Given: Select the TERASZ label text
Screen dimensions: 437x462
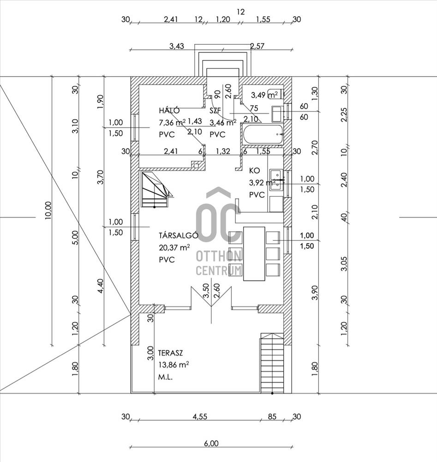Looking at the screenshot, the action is pos(170,353).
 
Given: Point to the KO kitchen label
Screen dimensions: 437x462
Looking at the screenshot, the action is pos(255,170).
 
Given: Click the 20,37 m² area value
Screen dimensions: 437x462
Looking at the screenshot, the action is pos(174,248).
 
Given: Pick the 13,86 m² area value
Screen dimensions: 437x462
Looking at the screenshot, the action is pos(174,365).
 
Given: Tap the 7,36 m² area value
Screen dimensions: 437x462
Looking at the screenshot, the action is pos(172,122).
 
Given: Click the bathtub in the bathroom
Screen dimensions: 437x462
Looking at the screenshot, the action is pos(263,135).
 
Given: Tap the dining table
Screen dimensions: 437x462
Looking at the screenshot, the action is pos(254,253).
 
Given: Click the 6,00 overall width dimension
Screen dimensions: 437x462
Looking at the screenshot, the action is pos(211,443).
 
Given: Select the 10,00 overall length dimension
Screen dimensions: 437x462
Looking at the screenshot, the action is pos(48,210).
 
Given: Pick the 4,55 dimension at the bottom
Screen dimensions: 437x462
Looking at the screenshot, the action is pos(200,416).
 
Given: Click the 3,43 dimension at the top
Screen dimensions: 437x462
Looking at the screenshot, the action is pos(177,46).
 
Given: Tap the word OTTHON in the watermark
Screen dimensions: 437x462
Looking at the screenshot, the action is pos(219,256).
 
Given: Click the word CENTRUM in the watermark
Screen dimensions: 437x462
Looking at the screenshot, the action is pos(219,270).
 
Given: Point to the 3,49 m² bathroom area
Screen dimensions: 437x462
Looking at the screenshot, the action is pos(264,95).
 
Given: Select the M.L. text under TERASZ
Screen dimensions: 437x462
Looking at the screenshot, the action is pos(165,377).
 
